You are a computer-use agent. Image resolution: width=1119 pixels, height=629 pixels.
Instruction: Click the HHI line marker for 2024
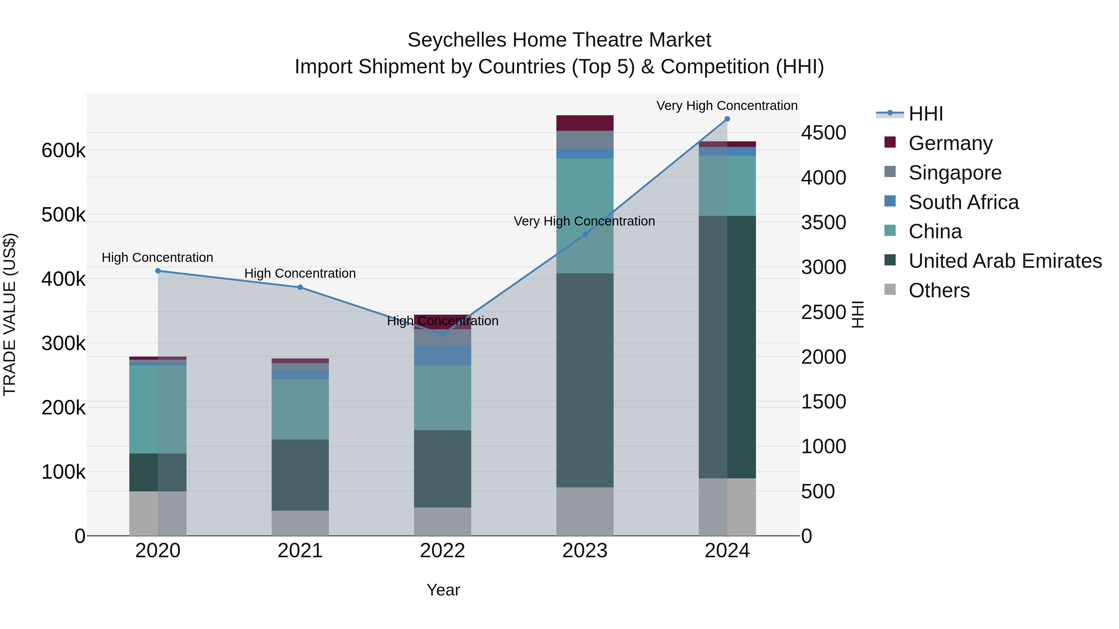pyautogui.click(x=727, y=119)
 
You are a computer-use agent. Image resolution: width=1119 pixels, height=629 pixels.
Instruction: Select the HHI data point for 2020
pyautogui.click(x=158, y=271)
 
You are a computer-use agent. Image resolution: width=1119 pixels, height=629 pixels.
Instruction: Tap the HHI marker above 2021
pyautogui.click(x=300, y=287)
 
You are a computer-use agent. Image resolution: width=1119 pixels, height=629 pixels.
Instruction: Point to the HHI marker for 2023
pyautogui.click(x=585, y=235)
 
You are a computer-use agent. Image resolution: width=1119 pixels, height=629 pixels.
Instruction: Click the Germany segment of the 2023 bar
pyautogui.click(x=585, y=123)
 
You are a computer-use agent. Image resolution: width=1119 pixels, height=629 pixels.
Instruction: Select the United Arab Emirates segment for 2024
pyautogui.click(x=727, y=347)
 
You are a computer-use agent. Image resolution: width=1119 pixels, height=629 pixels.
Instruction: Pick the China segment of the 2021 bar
pyautogui.click(x=300, y=409)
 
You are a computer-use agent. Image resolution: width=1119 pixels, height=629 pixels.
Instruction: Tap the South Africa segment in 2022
pyautogui.click(x=442, y=356)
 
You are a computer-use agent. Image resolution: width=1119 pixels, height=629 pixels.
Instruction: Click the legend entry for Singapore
pyautogui.click(x=955, y=172)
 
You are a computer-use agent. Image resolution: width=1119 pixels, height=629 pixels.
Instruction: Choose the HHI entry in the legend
pyautogui.click(x=925, y=114)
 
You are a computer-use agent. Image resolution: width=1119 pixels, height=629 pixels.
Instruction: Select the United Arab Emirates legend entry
pyautogui.click(x=1005, y=261)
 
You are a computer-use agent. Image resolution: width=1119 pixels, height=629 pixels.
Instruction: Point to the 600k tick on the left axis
pyautogui.click(x=63, y=151)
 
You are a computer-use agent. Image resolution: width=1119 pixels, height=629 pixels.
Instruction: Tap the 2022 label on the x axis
pyautogui.click(x=442, y=551)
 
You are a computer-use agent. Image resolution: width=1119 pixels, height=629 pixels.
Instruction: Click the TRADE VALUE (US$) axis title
pyautogui.click(x=10, y=314)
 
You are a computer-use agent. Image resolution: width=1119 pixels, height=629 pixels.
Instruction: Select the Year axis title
pyautogui.click(x=443, y=590)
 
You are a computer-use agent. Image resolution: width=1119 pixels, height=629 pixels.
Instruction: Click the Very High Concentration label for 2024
pyautogui.click(x=727, y=106)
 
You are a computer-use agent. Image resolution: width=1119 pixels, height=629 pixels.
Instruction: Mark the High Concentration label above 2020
pyautogui.click(x=157, y=258)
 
